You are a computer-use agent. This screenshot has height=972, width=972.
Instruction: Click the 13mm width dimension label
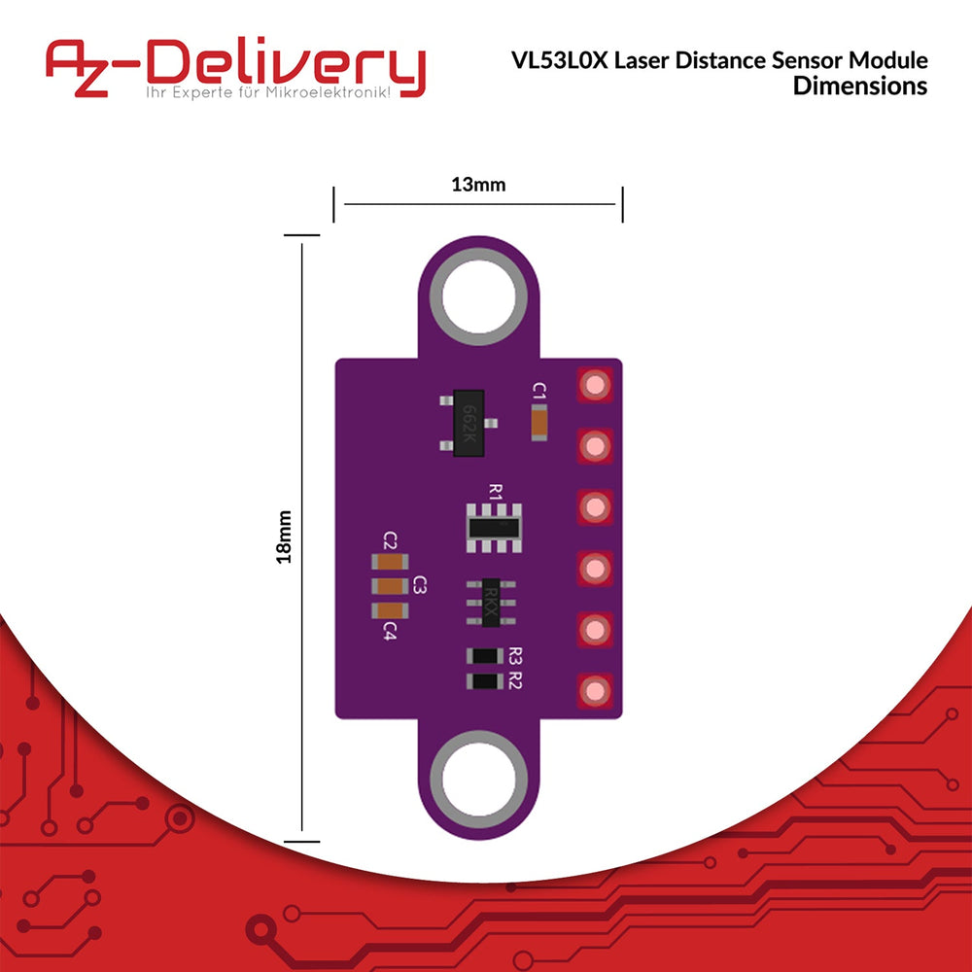(x=478, y=184)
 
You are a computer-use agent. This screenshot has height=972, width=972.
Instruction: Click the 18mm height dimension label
(x=284, y=537)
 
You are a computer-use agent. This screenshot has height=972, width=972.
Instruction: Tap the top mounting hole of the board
(x=478, y=296)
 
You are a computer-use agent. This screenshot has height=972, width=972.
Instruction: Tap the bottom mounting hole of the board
(x=478, y=780)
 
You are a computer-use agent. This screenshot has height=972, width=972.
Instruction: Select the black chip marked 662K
(x=469, y=424)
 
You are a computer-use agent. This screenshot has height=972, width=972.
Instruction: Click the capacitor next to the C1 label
(x=539, y=423)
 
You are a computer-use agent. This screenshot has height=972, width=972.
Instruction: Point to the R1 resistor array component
(x=494, y=528)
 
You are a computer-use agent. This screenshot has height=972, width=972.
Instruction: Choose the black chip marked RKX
(x=491, y=603)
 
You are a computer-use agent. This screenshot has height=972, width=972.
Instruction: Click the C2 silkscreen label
(x=390, y=539)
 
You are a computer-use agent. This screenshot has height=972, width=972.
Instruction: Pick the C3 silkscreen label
(x=420, y=584)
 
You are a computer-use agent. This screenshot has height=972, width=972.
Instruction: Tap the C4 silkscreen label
(x=390, y=632)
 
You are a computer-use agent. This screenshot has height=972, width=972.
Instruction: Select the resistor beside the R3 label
(x=485, y=656)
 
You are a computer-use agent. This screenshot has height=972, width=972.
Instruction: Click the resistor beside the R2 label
(x=485, y=681)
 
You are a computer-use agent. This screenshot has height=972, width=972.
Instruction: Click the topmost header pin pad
(x=595, y=385)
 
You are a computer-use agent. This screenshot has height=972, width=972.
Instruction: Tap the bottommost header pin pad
(x=595, y=690)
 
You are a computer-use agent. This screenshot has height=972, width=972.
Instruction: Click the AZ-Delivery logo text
(x=235, y=65)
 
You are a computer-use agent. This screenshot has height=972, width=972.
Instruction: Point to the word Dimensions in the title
(x=860, y=87)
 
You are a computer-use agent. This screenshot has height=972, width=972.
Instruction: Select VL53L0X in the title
(x=559, y=60)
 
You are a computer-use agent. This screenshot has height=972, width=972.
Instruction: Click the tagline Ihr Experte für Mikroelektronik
(x=268, y=93)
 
